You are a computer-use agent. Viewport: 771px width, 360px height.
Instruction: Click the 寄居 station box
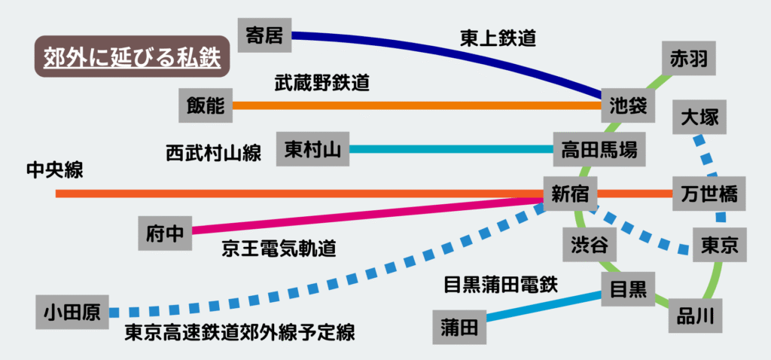pos(264,35)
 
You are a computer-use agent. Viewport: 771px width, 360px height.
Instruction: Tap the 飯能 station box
pos(205,105)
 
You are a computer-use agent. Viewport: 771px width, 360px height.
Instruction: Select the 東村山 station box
pos(312,149)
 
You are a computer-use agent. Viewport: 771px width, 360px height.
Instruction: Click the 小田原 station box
pos(72,312)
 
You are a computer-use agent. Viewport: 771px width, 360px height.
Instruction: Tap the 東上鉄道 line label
pos(498,38)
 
